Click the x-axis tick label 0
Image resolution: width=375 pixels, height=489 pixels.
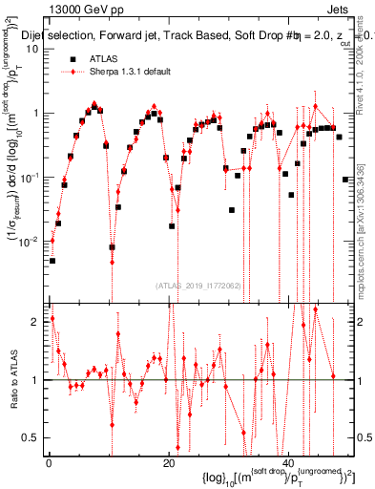[x=49, y=463]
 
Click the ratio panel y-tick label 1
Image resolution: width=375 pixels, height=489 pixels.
[x=36, y=380]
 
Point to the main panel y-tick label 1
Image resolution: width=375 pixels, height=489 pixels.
[x=36, y=113]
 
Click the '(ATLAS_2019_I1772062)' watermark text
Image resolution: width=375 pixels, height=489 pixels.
[x=198, y=285]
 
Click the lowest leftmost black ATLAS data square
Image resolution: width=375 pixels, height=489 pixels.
[x=52, y=261]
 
